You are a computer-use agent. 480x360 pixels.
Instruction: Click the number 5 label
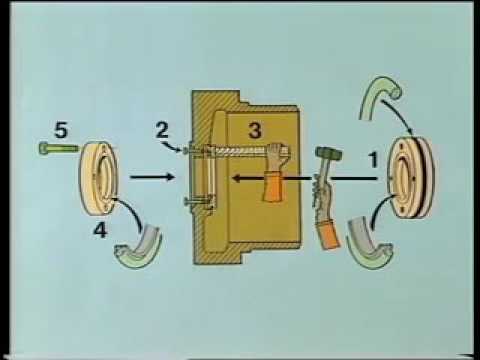click(60, 129)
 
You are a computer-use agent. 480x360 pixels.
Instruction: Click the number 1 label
click(372, 157)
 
